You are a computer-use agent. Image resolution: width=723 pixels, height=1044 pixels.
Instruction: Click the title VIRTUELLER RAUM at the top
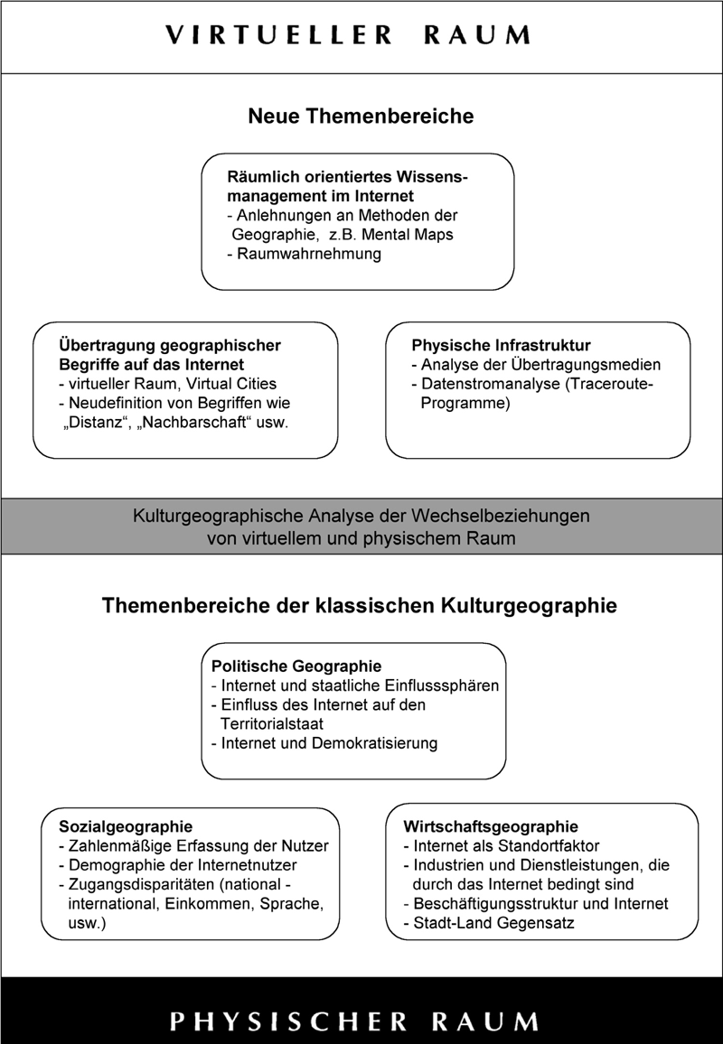[348, 35]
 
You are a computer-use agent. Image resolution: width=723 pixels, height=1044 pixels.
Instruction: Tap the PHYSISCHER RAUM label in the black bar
[354, 1021]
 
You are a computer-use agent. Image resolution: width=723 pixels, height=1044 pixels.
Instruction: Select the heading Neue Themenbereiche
[361, 117]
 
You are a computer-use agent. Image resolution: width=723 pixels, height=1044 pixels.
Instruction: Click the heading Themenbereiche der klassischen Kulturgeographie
[360, 605]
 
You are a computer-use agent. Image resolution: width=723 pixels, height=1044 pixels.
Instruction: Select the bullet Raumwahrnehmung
[304, 255]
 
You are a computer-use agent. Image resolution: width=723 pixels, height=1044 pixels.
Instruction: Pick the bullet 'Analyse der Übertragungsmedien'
[536, 365]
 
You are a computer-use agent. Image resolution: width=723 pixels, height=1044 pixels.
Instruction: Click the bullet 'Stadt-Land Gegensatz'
[489, 923]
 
